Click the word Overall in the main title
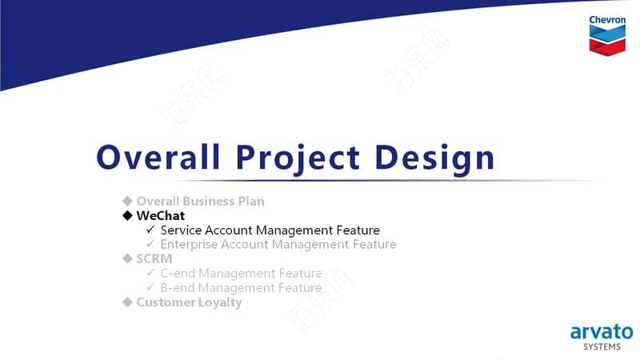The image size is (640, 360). tap(158, 157)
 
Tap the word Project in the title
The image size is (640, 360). tap(298, 159)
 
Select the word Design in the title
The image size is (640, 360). tap(434, 159)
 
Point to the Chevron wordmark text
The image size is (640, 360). tap(607, 19)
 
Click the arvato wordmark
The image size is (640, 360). tap(602, 332)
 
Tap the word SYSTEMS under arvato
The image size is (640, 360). tap(602, 347)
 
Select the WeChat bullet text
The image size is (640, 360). tap(161, 215)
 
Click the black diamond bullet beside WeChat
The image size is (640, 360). tap(128, 215)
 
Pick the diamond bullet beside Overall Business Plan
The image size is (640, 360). tap(128, 201)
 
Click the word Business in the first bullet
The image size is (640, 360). tap(208, 202)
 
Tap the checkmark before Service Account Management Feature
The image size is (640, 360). tap(150, 230)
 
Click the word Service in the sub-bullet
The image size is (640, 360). tap(182, 230)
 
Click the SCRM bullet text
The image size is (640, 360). tap(154, 258)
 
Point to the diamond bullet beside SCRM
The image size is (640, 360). tap(128, 258)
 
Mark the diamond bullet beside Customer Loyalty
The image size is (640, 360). tap(128, 302)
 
